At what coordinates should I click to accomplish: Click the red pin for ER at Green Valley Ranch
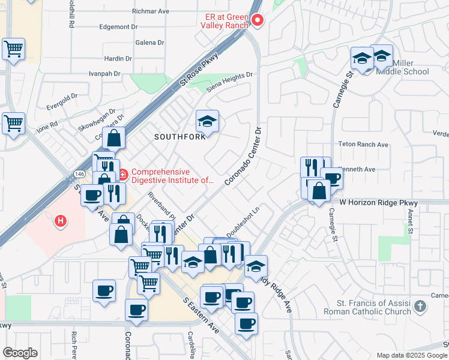point(258,20)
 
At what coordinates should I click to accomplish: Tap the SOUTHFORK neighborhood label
point(180,136)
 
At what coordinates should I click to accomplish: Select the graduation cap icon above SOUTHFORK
point(207,122)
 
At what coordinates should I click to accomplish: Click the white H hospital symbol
point(60,221)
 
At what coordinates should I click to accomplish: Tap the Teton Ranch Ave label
point(364,145)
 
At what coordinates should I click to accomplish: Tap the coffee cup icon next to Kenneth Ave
point(331,178)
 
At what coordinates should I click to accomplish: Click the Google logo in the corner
point(20,353)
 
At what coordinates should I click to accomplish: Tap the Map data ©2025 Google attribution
point(411,355)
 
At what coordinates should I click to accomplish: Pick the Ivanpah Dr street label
point(104,74)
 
